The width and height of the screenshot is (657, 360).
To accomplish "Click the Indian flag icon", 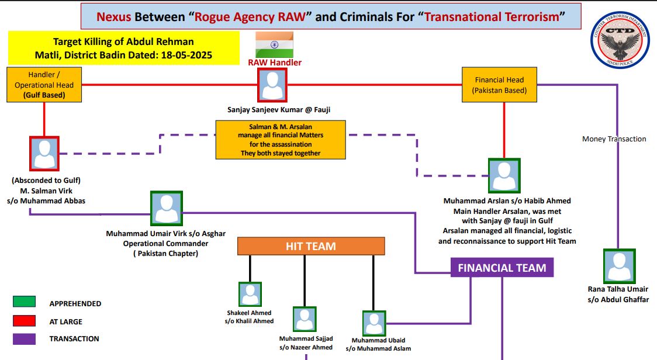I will pyautogui.click(x=274, y=44).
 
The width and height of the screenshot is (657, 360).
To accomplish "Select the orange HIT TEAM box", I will pyautogui.click(x=311, y=246).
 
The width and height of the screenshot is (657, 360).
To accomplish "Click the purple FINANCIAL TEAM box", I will pyautogui.click(x=502, y=268).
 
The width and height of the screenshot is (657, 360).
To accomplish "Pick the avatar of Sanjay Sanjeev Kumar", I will pyautogui.click(x=272, y=85).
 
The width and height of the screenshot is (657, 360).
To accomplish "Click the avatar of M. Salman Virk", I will pyautogui.click(x=44, y=154).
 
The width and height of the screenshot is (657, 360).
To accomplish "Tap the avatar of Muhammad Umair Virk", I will pyautogui.click(x=167, y=209).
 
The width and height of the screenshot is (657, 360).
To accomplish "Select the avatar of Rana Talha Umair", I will pyautogui.click(x=618, y=266).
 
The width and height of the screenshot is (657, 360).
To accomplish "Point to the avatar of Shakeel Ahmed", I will pyautogui.click(x=250, y=294).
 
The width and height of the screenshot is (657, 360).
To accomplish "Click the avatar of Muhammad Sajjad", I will pyautogui.click(x=305, y=320).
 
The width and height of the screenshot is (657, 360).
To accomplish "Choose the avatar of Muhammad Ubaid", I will pyautogui.click(x=374, y=323).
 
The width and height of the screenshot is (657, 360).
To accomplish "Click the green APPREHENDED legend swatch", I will pyautogui.click(x=24, y=302).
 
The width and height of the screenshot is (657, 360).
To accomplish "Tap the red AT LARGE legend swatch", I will pyautogui.click(x=24, y=321).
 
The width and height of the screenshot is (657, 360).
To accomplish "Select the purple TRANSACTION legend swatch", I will pyautogui.click(x=24, y=339).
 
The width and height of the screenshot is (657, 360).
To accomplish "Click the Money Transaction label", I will pyautogui.click(x=614, y=139).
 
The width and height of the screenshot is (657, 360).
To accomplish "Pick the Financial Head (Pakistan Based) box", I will pyautogui.click(x=499, y=85).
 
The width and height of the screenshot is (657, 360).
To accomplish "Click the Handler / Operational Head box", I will pyautogui.click(x=44, y=85).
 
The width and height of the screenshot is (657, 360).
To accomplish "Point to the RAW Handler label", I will pyautogui.click(x=275, y=63).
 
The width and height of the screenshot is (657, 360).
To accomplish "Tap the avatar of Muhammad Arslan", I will pyautogui.click(x=503, y=175).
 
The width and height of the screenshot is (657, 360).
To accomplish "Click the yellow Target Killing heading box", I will pyautogui.click(x=124, y=49).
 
